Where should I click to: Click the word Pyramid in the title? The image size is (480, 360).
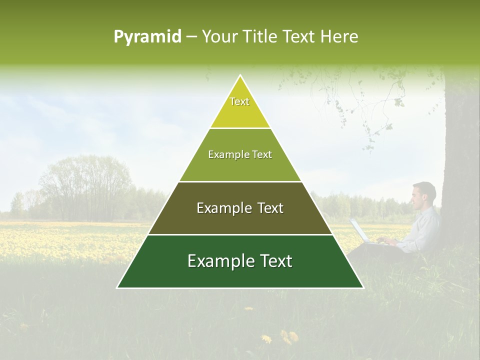point(147,37)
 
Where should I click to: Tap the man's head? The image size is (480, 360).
point(423,195)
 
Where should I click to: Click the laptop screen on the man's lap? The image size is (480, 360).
point(358,230)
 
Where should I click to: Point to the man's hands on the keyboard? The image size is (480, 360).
point(385,241)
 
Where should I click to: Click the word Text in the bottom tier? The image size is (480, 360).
point(270,261)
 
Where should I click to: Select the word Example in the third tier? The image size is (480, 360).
point(218,208)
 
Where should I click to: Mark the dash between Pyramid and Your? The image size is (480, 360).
point(191,37)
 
